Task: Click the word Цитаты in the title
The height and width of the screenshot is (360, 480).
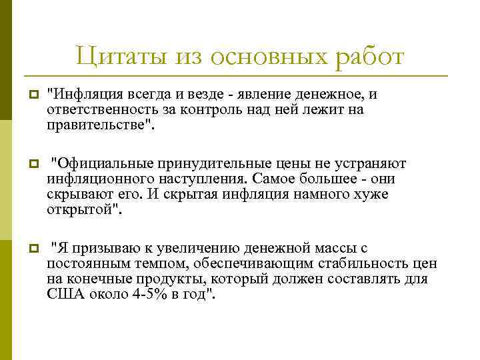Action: click(113, 56)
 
